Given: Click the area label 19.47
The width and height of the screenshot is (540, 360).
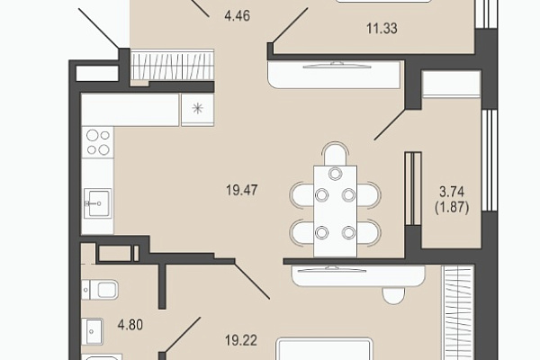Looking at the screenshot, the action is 242,190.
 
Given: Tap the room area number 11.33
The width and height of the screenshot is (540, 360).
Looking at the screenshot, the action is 382,28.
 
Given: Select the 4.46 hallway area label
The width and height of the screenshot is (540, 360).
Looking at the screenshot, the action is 237,16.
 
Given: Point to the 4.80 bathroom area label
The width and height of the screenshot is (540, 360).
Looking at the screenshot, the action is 130,325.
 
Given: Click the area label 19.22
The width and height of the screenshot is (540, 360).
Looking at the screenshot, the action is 241,340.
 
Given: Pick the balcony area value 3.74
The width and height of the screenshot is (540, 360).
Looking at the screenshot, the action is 452,191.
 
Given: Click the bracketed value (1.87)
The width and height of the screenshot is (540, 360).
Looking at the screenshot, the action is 452,207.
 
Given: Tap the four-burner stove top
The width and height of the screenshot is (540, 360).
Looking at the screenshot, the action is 98,142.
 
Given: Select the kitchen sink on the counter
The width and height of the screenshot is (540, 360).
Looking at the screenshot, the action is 98,203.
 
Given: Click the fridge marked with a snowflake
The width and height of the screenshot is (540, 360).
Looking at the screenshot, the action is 198,109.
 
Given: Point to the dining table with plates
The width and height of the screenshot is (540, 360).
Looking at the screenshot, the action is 335,211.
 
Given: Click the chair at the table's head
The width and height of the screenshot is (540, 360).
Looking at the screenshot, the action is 335,153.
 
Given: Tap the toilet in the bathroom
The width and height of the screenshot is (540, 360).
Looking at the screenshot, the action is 100,290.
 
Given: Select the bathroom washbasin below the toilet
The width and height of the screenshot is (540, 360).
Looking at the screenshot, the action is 93,331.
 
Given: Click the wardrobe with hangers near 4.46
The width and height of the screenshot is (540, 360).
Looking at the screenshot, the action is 172,66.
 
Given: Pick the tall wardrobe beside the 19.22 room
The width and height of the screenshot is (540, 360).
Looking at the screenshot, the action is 459,312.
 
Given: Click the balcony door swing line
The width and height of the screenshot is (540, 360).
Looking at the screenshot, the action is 390,124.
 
